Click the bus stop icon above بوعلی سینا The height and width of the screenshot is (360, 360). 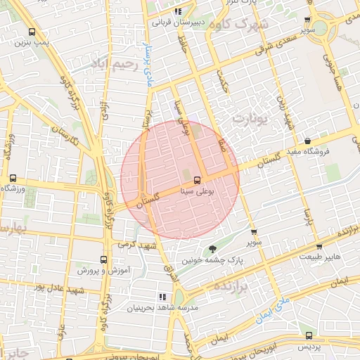click(x=197, y=179)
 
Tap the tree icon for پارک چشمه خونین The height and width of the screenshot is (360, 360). click(x=213, y=249)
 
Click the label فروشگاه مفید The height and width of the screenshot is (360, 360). click(x=307, y=152)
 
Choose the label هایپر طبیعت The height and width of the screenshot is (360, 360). click(x=319, y=257)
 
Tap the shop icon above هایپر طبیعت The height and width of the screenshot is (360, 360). click(x=319, y=247)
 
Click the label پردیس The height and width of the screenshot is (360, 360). click(x=307, y=347)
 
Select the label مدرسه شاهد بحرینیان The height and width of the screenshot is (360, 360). click(x=163, y=308)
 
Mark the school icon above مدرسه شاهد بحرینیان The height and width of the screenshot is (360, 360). click(x=162, y=297)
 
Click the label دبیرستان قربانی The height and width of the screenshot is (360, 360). click(x=178, y=22)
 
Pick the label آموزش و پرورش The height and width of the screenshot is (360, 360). click(x=104, y=270)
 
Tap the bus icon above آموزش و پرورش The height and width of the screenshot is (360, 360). click(x=104, y=259)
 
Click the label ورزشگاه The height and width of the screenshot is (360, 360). click(x=13, y=188)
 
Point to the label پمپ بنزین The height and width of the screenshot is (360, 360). click(x=32, y=43)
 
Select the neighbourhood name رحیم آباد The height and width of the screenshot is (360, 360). click(x=111, y=64)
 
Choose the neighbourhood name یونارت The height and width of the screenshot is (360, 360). click(x=252, y=118)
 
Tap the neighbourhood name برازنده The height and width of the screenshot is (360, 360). click(x=231, y=287)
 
